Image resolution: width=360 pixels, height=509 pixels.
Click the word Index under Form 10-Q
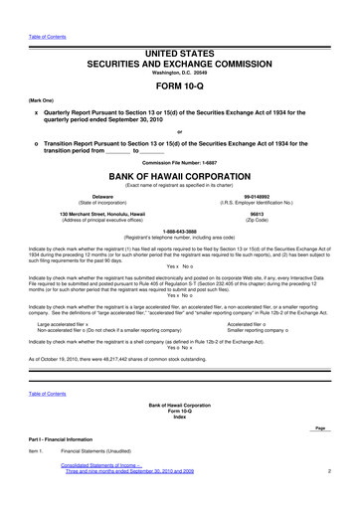(179, 418)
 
